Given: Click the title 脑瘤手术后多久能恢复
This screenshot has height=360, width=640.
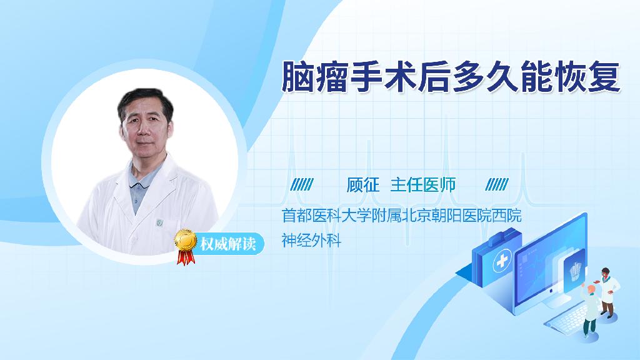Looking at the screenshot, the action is [451, 76].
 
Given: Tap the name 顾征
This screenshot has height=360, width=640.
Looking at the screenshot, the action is [363, 185].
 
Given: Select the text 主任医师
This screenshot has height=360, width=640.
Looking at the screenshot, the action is [423, 185].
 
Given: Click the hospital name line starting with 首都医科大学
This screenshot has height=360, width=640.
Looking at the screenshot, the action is [402, 216].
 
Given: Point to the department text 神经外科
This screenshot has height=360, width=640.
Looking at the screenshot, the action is [311, 240].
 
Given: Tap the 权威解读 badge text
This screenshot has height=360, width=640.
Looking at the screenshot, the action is [228, 244].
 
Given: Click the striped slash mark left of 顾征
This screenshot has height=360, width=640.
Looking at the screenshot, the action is [302, 184].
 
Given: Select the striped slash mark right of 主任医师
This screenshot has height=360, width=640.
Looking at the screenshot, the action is [497, 184].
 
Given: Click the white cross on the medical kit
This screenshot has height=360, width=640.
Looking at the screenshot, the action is [502, 261].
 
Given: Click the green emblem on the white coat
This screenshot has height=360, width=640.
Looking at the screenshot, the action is [159, 223].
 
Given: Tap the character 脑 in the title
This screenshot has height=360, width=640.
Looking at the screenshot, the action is [297, 77].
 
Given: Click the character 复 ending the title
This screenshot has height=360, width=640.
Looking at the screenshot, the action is [604, 77].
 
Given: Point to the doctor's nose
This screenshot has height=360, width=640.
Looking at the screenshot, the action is [144, 131].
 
